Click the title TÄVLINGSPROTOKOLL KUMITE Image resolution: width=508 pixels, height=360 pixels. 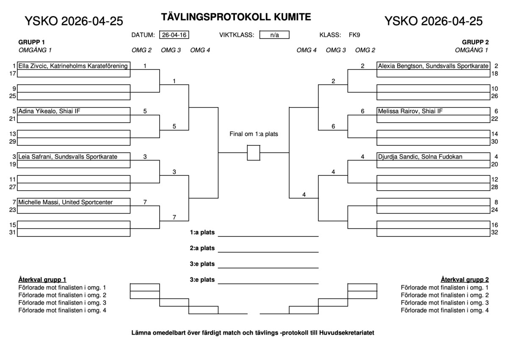(236, 17)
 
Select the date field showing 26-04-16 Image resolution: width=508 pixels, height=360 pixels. (174, 35)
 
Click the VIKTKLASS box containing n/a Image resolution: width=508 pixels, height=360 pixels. (274, 35)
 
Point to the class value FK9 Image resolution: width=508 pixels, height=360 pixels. (354, 35)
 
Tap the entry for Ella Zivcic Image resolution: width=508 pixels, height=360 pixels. (74, 66)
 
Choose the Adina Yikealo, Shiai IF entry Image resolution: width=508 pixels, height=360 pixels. (74, 111)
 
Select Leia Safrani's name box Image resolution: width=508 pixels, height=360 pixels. (74, 157)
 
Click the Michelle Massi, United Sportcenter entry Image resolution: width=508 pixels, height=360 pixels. (74, 202)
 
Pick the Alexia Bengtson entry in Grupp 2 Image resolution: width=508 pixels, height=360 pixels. (433, 66)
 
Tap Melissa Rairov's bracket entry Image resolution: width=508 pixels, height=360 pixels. (433, 111)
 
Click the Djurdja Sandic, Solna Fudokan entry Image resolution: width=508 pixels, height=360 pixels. (433, 157)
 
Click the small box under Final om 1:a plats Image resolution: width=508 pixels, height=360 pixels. (254, 152)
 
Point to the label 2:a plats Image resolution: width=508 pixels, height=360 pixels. (202, 248)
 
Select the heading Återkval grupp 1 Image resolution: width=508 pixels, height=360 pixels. (42, 280)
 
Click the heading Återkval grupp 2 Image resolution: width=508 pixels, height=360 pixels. (465, 280)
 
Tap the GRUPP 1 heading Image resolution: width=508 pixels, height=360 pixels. (31, 42)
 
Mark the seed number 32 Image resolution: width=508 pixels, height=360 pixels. (494, 232)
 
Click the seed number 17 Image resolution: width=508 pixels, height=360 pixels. (12, 73)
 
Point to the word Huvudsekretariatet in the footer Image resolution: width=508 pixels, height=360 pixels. (347, 332)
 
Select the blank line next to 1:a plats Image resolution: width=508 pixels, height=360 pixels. (268, 236)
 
